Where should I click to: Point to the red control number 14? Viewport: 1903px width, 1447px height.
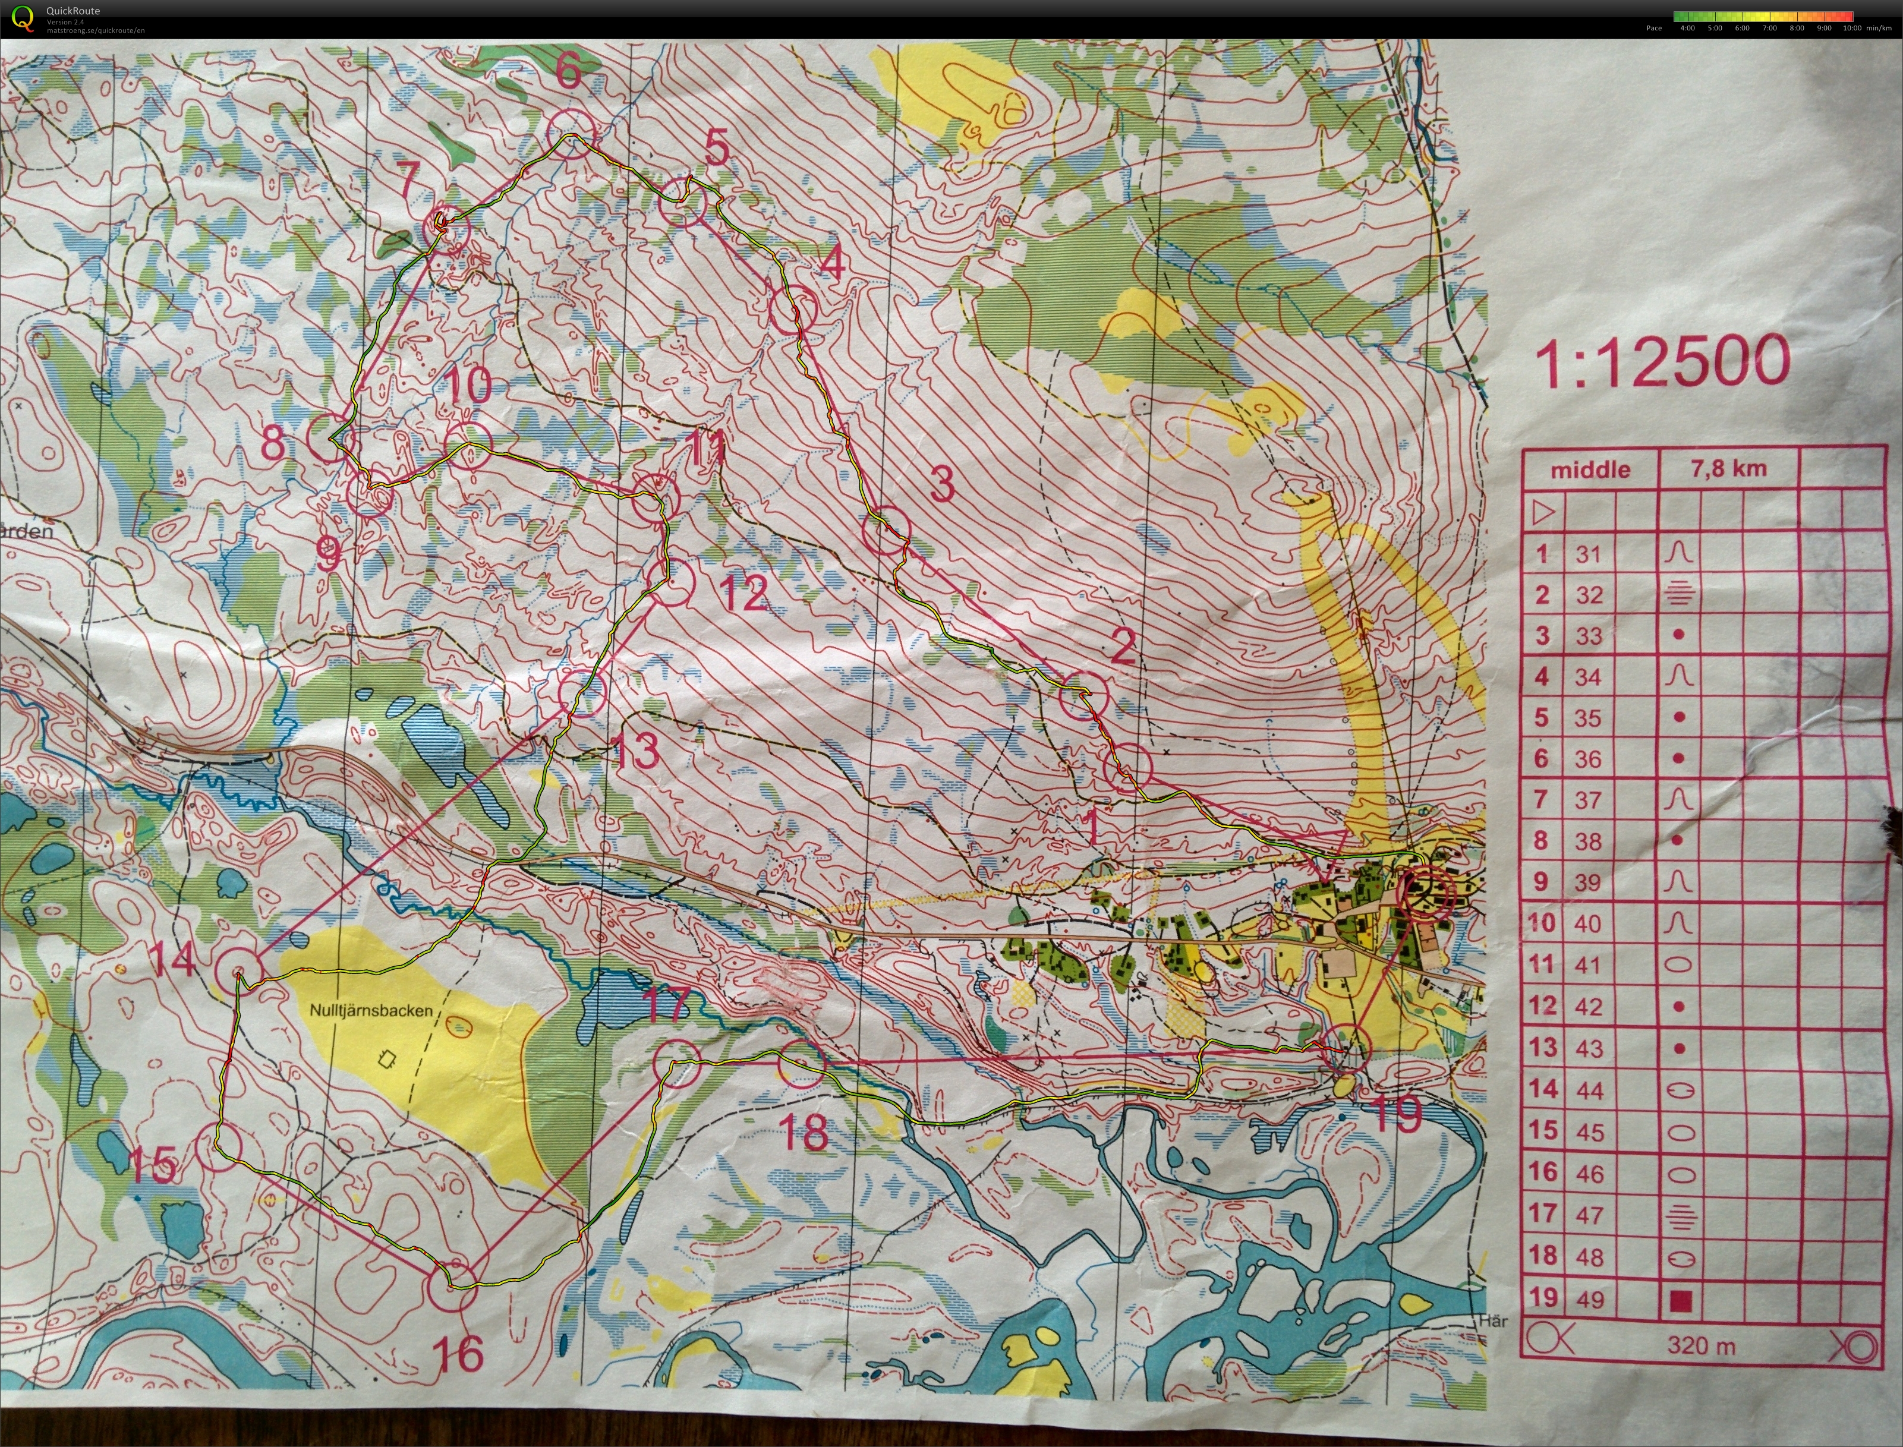click(x=171, y=960)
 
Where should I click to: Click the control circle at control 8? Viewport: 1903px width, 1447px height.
click(x=331, y=437)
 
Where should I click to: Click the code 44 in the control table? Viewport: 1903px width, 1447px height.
click(x=1589, y=1090)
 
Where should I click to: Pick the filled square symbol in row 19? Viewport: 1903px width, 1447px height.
click(x=1680, y=1301)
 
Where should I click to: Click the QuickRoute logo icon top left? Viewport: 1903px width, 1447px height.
click(x=23, y=17)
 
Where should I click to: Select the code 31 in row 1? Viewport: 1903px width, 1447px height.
click(x=1587, y=554)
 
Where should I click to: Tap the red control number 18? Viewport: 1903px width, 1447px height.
click(x=805, y=1132)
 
